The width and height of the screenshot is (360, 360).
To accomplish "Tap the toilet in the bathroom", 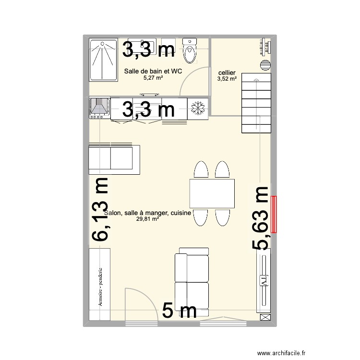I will (191, 51).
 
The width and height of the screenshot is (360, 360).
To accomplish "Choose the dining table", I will (212, 193).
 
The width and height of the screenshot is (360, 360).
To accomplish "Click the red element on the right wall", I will (274, 215).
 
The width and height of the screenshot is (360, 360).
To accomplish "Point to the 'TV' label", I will (264, 281).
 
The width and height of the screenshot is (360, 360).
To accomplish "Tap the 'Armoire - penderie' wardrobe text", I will (100, 287).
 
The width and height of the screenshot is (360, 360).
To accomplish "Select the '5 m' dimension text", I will (180, 310).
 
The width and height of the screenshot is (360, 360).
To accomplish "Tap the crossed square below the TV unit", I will (264, 317).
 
